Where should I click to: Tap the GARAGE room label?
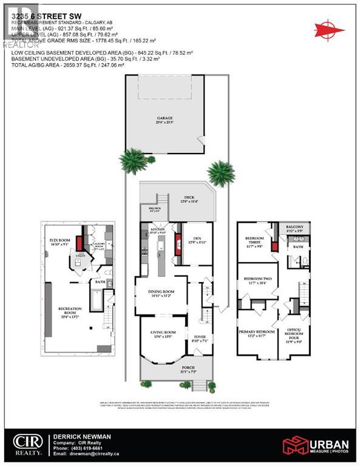pyautogui.click(x=165, y=119)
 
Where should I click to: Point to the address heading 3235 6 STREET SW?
pyautogui.click(x=39, y=8)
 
